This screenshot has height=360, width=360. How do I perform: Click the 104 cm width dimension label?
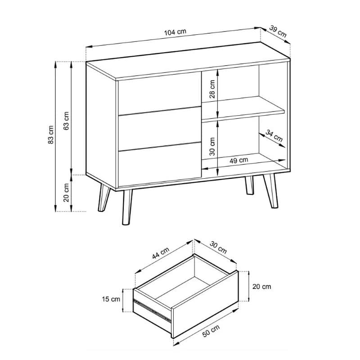coord(175,32)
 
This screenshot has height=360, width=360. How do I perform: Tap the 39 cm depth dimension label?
coord(278,31)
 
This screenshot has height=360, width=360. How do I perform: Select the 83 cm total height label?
coord(51,135)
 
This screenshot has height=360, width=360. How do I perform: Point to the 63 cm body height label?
coord(66,121)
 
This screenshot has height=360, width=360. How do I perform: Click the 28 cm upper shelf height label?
coord(212,89)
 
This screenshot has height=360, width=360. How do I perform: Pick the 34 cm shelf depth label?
coord(274,135)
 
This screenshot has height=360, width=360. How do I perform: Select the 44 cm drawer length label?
coord(161,253)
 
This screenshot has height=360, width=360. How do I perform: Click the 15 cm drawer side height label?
coord(111,299)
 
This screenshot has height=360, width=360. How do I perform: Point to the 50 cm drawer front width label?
coord(211,331)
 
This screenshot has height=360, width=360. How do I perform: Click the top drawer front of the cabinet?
coord(160,93)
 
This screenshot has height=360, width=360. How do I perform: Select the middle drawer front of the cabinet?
coord(160,129)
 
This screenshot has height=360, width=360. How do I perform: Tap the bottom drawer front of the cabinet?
coord(160,165)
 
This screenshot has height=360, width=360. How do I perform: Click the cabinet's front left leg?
coord(127,207)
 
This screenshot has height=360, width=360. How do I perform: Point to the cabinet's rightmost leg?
coord(271,191)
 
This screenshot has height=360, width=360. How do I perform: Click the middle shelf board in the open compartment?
coord(243,108)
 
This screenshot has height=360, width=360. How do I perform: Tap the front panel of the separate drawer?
coord(205,305)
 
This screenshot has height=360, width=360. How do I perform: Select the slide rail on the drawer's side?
coord(152,310)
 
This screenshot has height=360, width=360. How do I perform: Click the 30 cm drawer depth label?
coord(218,248)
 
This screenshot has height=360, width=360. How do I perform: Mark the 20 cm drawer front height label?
coord(262,287)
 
